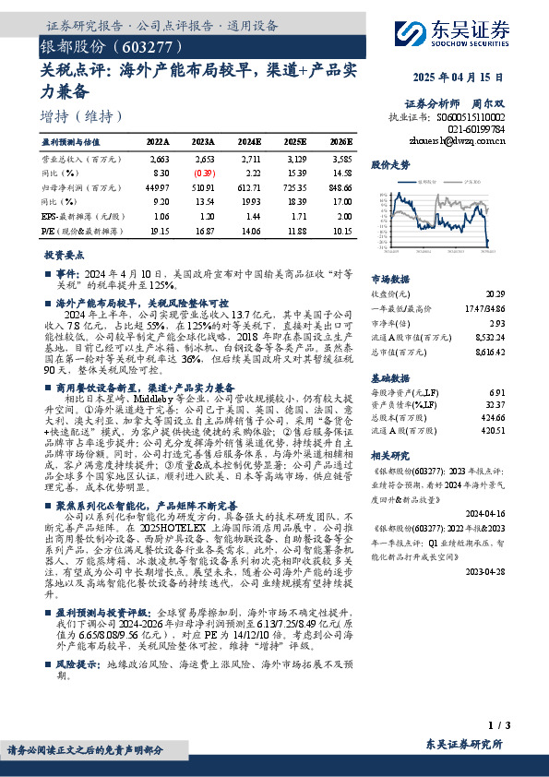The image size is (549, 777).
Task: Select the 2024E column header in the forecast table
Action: coord(249,143)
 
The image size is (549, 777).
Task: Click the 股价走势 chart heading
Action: coord(390,165)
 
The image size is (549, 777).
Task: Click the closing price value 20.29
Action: coord(495,293)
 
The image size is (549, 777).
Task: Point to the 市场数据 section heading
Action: coord(390,278)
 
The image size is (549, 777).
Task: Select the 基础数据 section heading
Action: coord(390,378)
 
